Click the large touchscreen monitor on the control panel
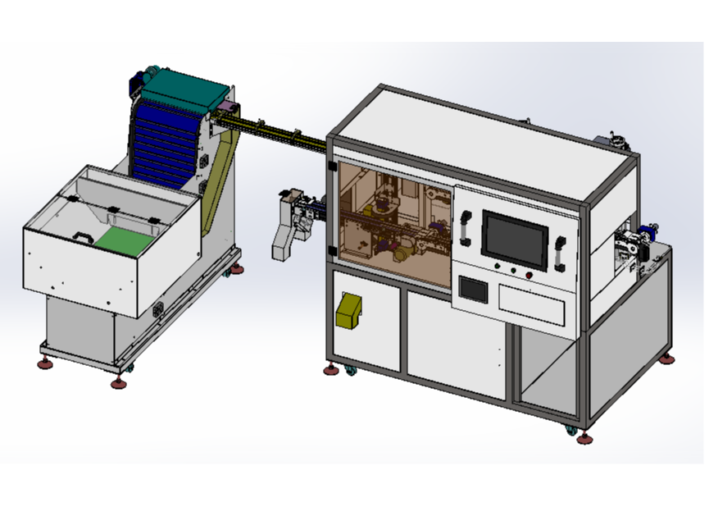(x=514, y=239)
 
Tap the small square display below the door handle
(x=472, y=288)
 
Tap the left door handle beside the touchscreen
(x=465, y=228)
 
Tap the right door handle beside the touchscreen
(x=561, y=252)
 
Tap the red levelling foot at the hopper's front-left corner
(x=45, y=363)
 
